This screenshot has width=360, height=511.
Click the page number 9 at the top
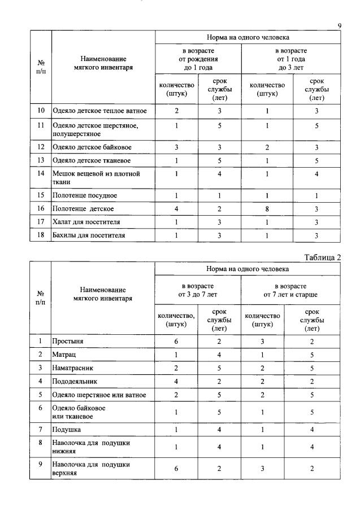coord(339,25)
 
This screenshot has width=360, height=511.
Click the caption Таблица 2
coord(323,257)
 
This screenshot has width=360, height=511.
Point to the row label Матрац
coord(65,355)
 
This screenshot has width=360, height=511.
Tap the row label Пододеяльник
coord(77,381)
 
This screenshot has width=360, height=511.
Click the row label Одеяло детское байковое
coord(92,148)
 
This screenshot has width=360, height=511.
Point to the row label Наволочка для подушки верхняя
coord(92,469)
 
